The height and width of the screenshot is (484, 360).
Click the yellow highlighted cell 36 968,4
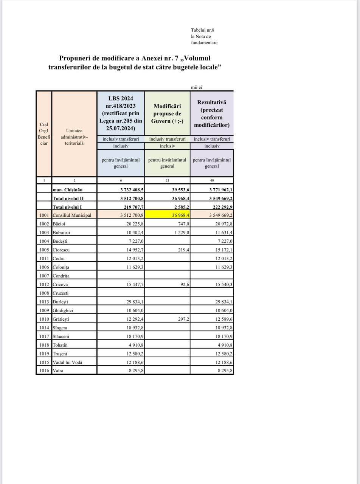point(168,215)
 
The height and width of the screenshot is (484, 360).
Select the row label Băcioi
point(59,224)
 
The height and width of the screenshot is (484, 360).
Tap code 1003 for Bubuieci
point(44,233)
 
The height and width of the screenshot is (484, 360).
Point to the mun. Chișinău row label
point(68,189)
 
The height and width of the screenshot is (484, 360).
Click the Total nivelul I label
point(67,207)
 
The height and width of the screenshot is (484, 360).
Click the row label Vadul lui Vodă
point(67,362)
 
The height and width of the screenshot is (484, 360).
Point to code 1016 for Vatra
point(44,371)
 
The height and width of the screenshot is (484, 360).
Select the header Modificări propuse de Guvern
point(167,113)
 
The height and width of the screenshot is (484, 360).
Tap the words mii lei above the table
point(197,87)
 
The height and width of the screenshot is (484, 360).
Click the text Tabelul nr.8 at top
point(203,30)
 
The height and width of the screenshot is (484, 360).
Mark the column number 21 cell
point(167,180)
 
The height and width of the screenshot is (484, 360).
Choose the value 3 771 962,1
point(216,189)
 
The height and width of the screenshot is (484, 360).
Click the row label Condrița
point(61,276)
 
